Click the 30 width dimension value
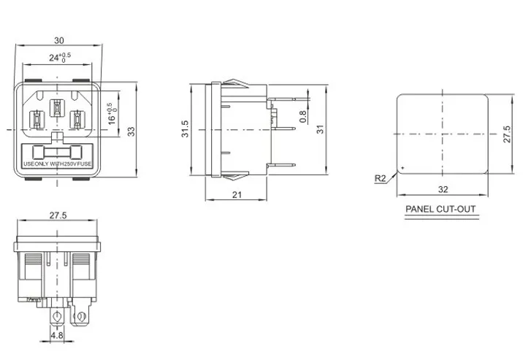point(59,41)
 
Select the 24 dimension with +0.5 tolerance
point(60,57)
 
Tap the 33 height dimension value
point(131,131)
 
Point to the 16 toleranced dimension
point(112,114)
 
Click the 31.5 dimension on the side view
point(185,129)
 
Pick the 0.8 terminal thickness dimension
point(303,117)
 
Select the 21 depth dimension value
point(237,195)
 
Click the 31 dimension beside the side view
point(320,129)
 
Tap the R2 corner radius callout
point(380,178)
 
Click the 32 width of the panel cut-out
point(443,190)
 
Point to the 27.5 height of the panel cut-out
point(507,134)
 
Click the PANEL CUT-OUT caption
point(440,209)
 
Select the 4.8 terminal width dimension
point(57,335)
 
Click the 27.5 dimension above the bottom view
point(58,215)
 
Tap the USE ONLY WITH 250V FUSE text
point(57,164)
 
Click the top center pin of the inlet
point(57,107)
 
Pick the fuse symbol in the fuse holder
point(57,153)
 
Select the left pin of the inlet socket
point(37,120)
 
